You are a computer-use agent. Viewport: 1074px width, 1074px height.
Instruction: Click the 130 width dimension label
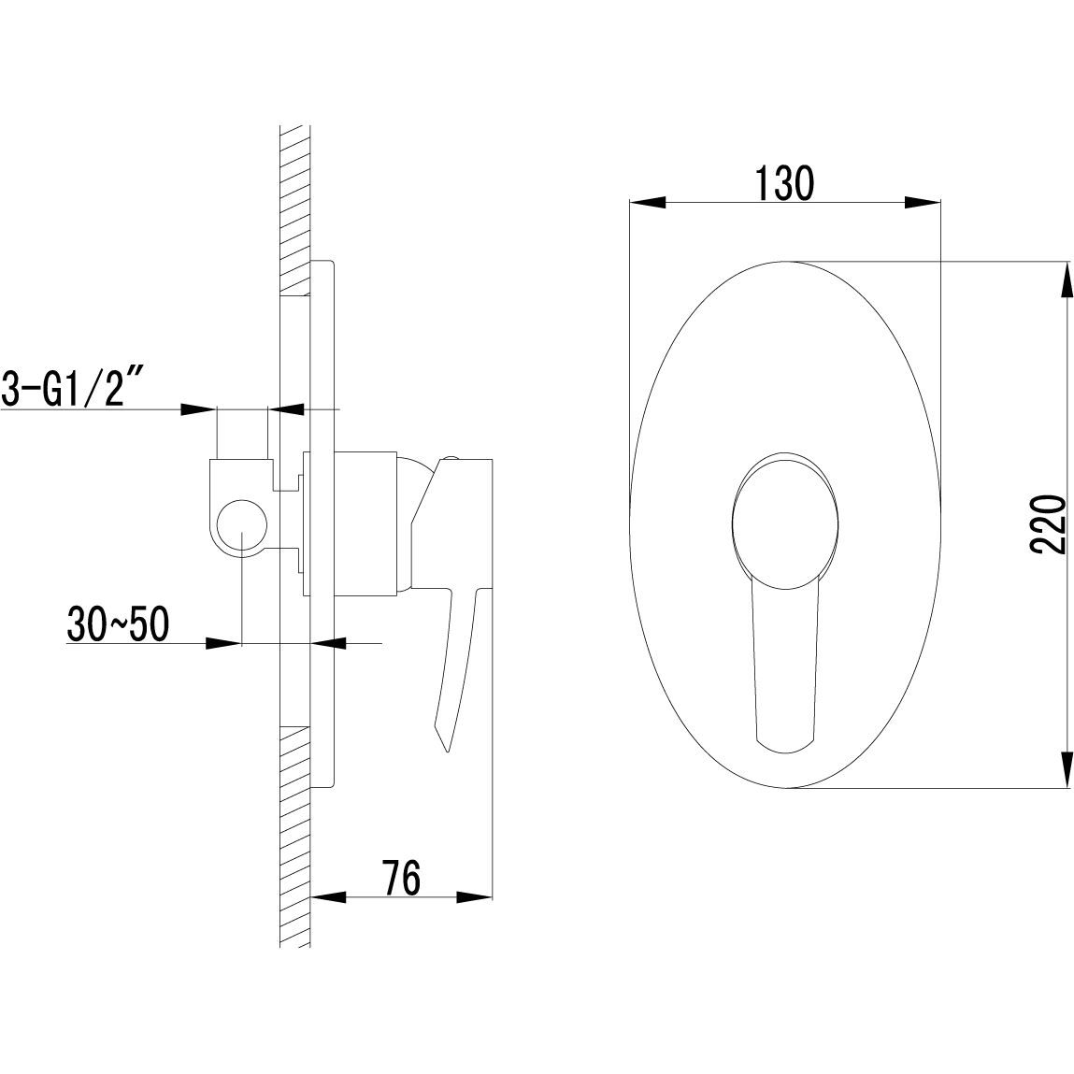tap(784, 183)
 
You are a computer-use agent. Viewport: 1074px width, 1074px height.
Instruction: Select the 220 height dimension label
tap(1048, 524)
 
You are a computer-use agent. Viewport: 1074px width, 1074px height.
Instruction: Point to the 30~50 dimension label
tap(118, 624)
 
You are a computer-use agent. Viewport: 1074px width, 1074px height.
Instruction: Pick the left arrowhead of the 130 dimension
tap(647, 202)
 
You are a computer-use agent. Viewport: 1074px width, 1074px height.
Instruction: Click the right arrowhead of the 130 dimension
tap(923, 202)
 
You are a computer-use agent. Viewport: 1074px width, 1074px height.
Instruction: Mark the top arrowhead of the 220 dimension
tap(1067, 280)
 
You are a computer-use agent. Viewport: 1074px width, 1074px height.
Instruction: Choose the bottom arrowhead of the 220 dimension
tap(1067, 769)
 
